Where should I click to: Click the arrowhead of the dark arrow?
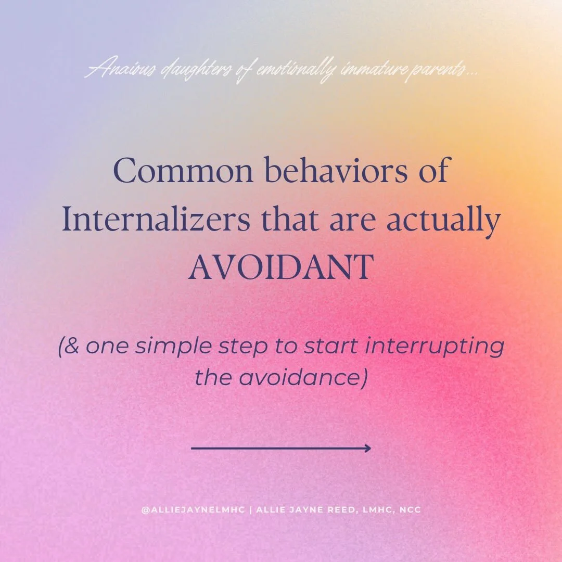[367, 448]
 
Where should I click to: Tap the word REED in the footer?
[340, 510]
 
